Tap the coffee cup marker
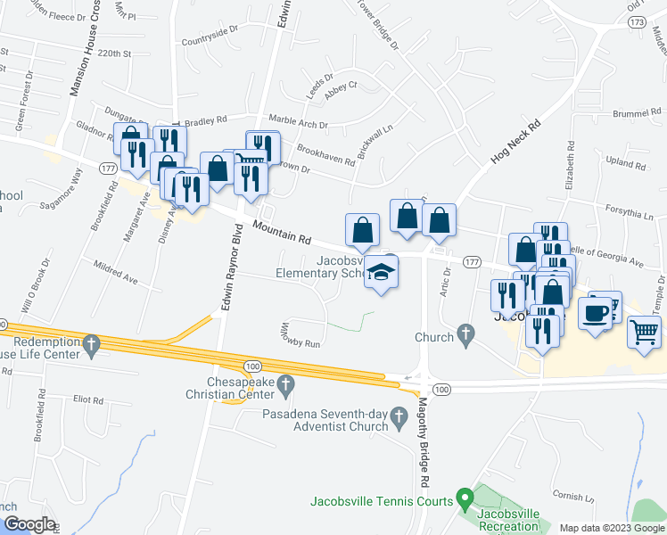(x=596, y=313)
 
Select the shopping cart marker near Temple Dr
(x=644, y=332)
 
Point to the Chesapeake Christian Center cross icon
(x=285, y=385)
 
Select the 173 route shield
(x=636, y=21)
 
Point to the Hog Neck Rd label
(x=515, y=144)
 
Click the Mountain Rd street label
(x=281, y=234)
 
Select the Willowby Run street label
(x=301, y=335)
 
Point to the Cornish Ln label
(x=567, y=496)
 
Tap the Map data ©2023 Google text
(x=611, y=528)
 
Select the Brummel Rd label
(x=634, y=113)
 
